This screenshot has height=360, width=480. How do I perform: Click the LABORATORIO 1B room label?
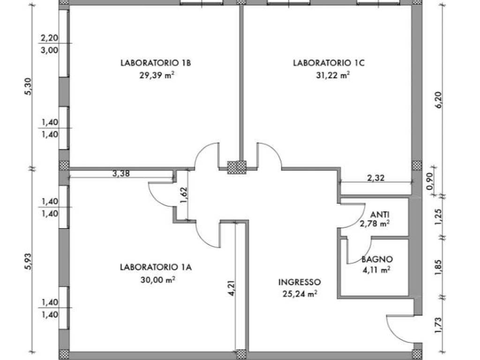(156, 63)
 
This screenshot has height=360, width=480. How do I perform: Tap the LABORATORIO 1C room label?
(329, 63)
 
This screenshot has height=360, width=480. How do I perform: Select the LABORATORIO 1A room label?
(156, 267)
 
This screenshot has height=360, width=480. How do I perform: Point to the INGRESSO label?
(300, 282)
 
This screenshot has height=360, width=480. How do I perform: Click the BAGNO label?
(377, 259)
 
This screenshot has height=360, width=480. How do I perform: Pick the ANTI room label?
(380, 215)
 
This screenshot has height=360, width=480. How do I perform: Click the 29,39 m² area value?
(157, 75)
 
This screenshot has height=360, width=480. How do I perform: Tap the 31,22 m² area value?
(333, 75)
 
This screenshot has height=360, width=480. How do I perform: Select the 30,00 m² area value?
(158, 279)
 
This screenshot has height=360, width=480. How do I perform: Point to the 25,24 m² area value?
(300, 294)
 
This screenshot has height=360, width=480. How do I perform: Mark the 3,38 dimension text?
(121, 174)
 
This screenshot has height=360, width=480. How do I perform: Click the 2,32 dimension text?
(375, 178)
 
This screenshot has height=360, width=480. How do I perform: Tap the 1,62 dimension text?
(184, 195)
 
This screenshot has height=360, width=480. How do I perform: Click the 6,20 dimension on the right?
(439, 100)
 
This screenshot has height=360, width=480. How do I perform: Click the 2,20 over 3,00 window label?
(49, 44)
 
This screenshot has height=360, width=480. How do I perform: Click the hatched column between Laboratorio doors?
(237, 167)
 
